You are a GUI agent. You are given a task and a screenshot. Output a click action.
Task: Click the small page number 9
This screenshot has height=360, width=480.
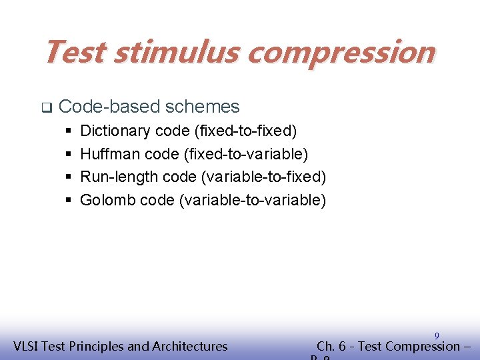coord(437,335)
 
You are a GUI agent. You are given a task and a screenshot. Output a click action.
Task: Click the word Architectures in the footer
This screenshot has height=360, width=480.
coord(190,346)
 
